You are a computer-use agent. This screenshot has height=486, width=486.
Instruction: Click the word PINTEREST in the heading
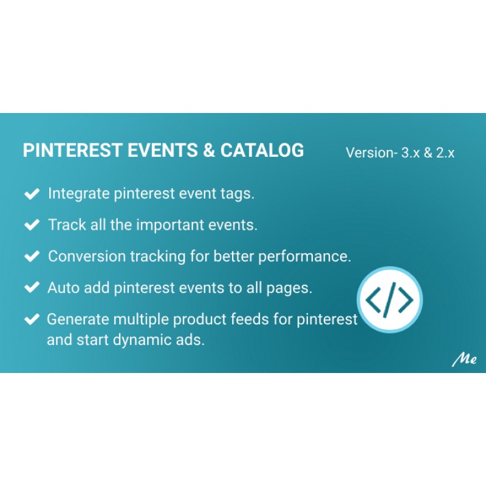pyautogui.click(x=72, y=150)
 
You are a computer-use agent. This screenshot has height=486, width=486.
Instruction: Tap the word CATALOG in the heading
pyautogui.click(x=262, y=150)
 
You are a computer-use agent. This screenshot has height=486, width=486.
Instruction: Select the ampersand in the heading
pyautogui.click(x=209, y=150)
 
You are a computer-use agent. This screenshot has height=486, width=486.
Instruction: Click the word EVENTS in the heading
pyautogui.click(x=162, y=150)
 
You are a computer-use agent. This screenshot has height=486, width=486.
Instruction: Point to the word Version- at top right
pyautogui.click(x=372, y=153)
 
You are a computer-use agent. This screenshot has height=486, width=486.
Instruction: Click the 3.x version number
pyautogui.click(x=411, y=153)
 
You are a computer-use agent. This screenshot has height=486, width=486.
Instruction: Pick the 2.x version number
pyautogui.click(x=445, y=153)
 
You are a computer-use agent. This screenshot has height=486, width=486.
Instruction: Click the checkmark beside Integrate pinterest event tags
pyautogui.click(x=32, y=194)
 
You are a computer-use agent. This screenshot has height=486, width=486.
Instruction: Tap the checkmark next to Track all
pyautogui.click(x=32, y=225)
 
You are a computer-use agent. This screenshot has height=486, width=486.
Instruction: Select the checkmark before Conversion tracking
pyautogui.click(x=32, y=256)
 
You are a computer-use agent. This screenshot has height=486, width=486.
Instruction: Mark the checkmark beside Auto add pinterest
pyautogui.click(x=32, y=287)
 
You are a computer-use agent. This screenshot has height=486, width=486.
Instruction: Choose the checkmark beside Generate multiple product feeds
pyautogui.click(x=32, y=320)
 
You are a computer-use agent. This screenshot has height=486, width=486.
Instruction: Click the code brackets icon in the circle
pyautogui.click(x=389, y=299)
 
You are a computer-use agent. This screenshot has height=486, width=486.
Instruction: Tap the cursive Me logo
pyautogui.click(x=464, y=360)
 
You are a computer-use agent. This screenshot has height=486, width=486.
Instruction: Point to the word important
pyautogui.click(x=170, y=225)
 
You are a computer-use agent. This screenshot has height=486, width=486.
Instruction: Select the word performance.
pyautogui.click(x=305, y=256)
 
